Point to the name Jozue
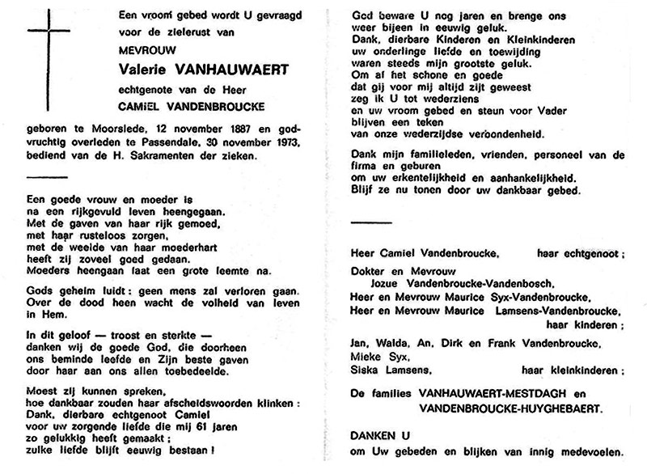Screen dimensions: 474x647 pos(389,283)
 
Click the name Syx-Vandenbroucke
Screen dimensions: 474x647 pos(526,297)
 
